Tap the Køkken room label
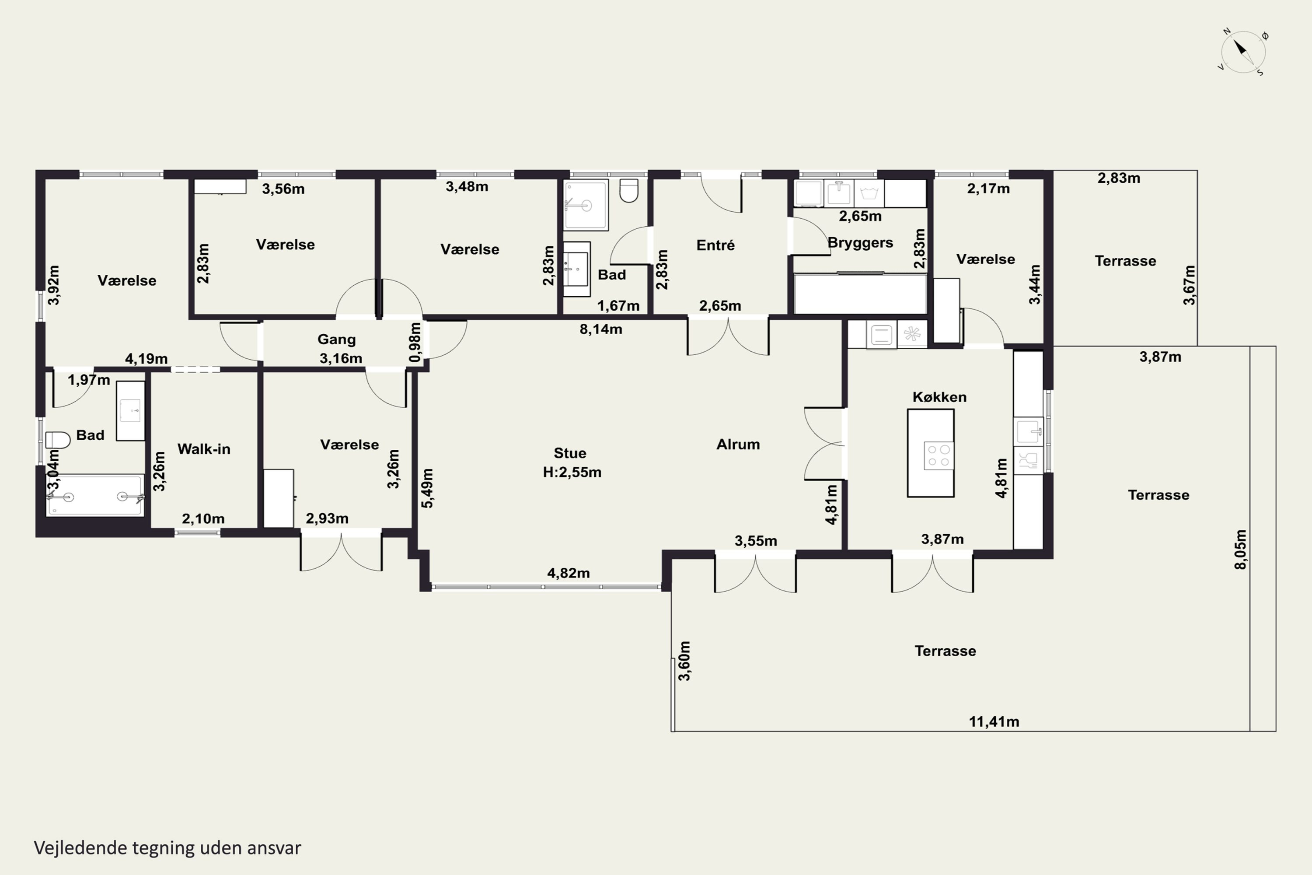[939, 397]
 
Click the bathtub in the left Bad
[95, 496]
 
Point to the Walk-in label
[204, 449]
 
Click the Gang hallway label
[336, 339]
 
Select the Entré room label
[715, 245]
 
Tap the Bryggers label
[860, 243]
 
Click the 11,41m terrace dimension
[994, 721]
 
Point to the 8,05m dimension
[1240, 549]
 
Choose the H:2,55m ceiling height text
[572, 472]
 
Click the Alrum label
[738, 444]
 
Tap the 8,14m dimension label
[601, 329]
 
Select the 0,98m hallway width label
[415, 342]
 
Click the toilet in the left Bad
[57, 440]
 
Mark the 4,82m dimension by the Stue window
[569, 573]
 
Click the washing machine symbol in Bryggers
[869, 193]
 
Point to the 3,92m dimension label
[53, 285]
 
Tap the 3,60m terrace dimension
[684, 661]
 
